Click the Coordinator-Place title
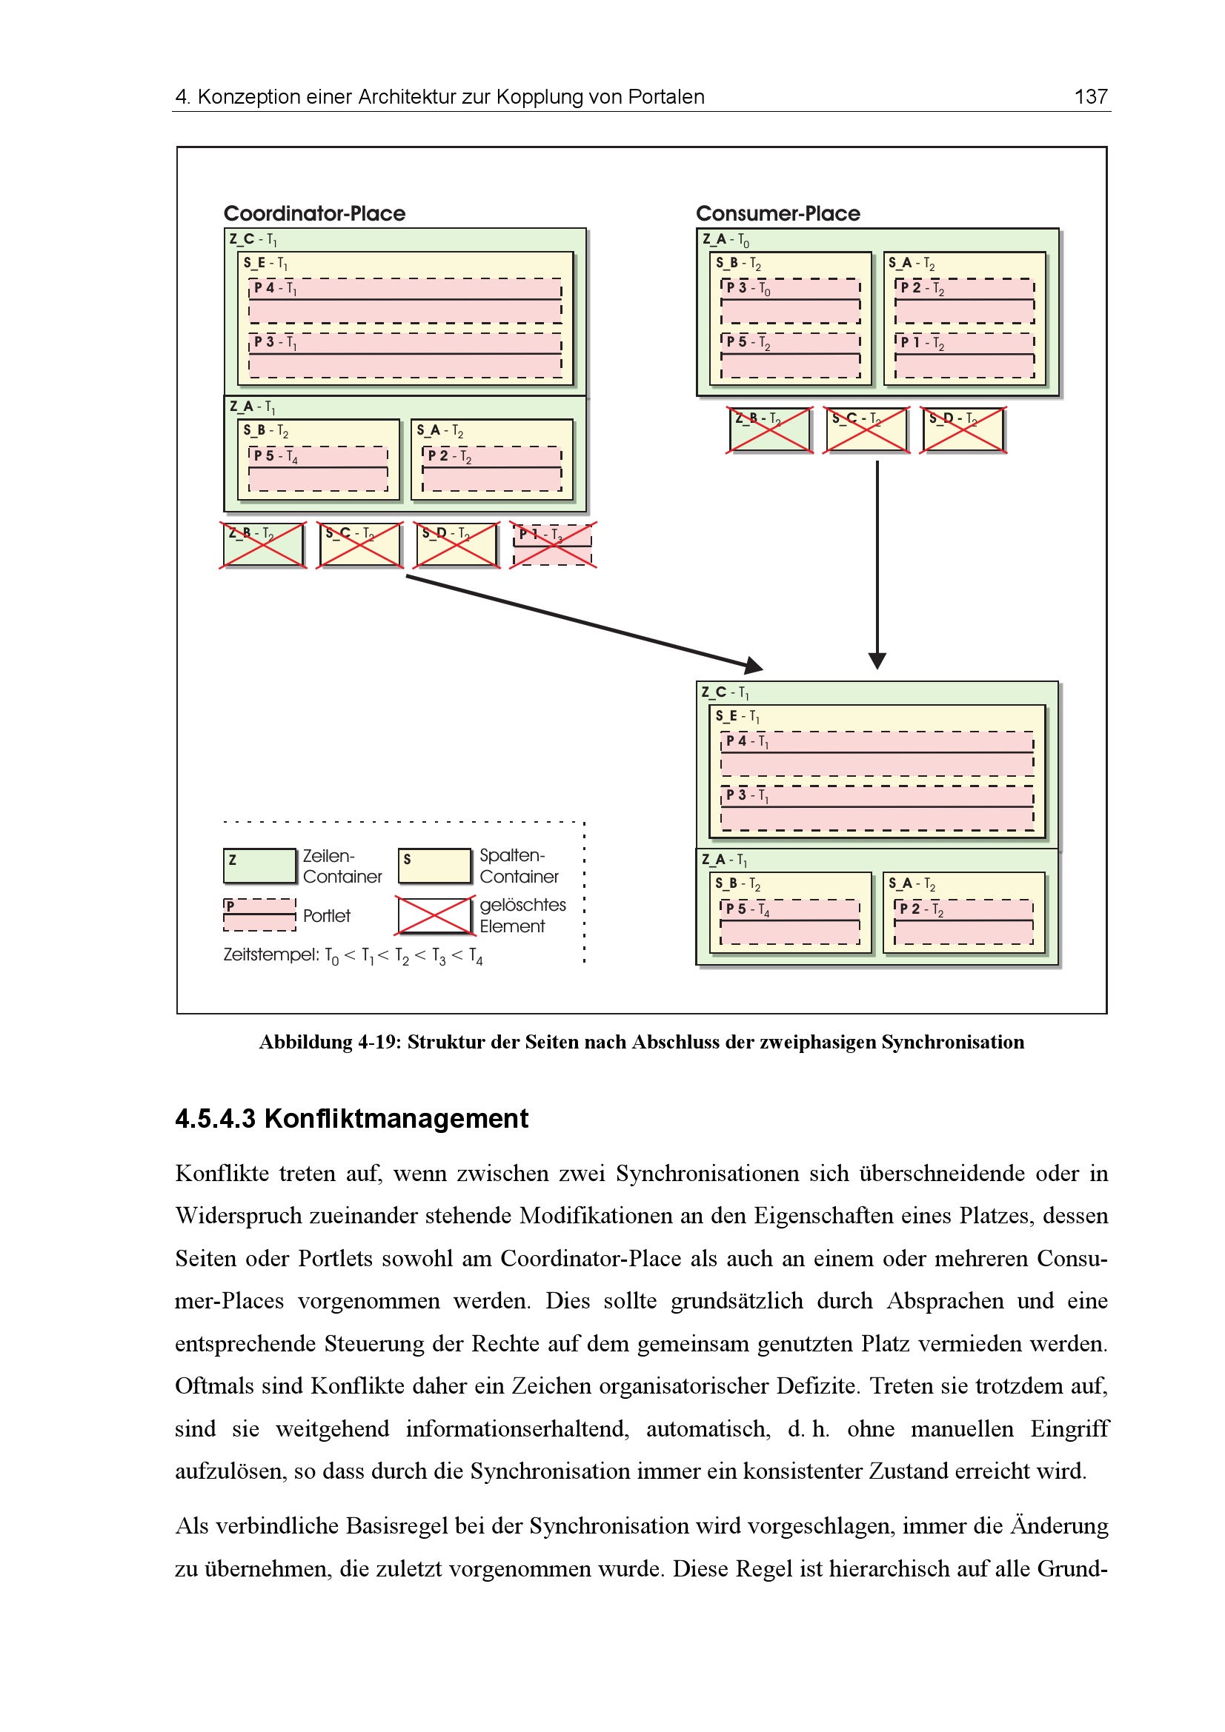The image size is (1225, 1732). [x=314, y=213]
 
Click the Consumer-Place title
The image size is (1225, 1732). [x=777, y=213]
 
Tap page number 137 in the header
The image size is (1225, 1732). [x=1091, y=96]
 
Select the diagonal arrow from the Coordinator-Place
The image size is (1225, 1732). [x=581, y=621]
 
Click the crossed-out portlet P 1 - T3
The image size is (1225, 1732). [x=553, y=545]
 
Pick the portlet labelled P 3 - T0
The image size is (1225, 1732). [x=790, y=300]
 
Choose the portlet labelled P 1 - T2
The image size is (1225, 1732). [x=964, y=355]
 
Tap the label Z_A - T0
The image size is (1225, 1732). [x=726, y=240]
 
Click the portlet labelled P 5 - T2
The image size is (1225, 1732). [x=790, y=355]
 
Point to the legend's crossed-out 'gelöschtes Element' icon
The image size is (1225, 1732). [x=435, y=915]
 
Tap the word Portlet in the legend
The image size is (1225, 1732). [x=327, y=916]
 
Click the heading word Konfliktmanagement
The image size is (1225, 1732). [x=396, y=1119]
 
